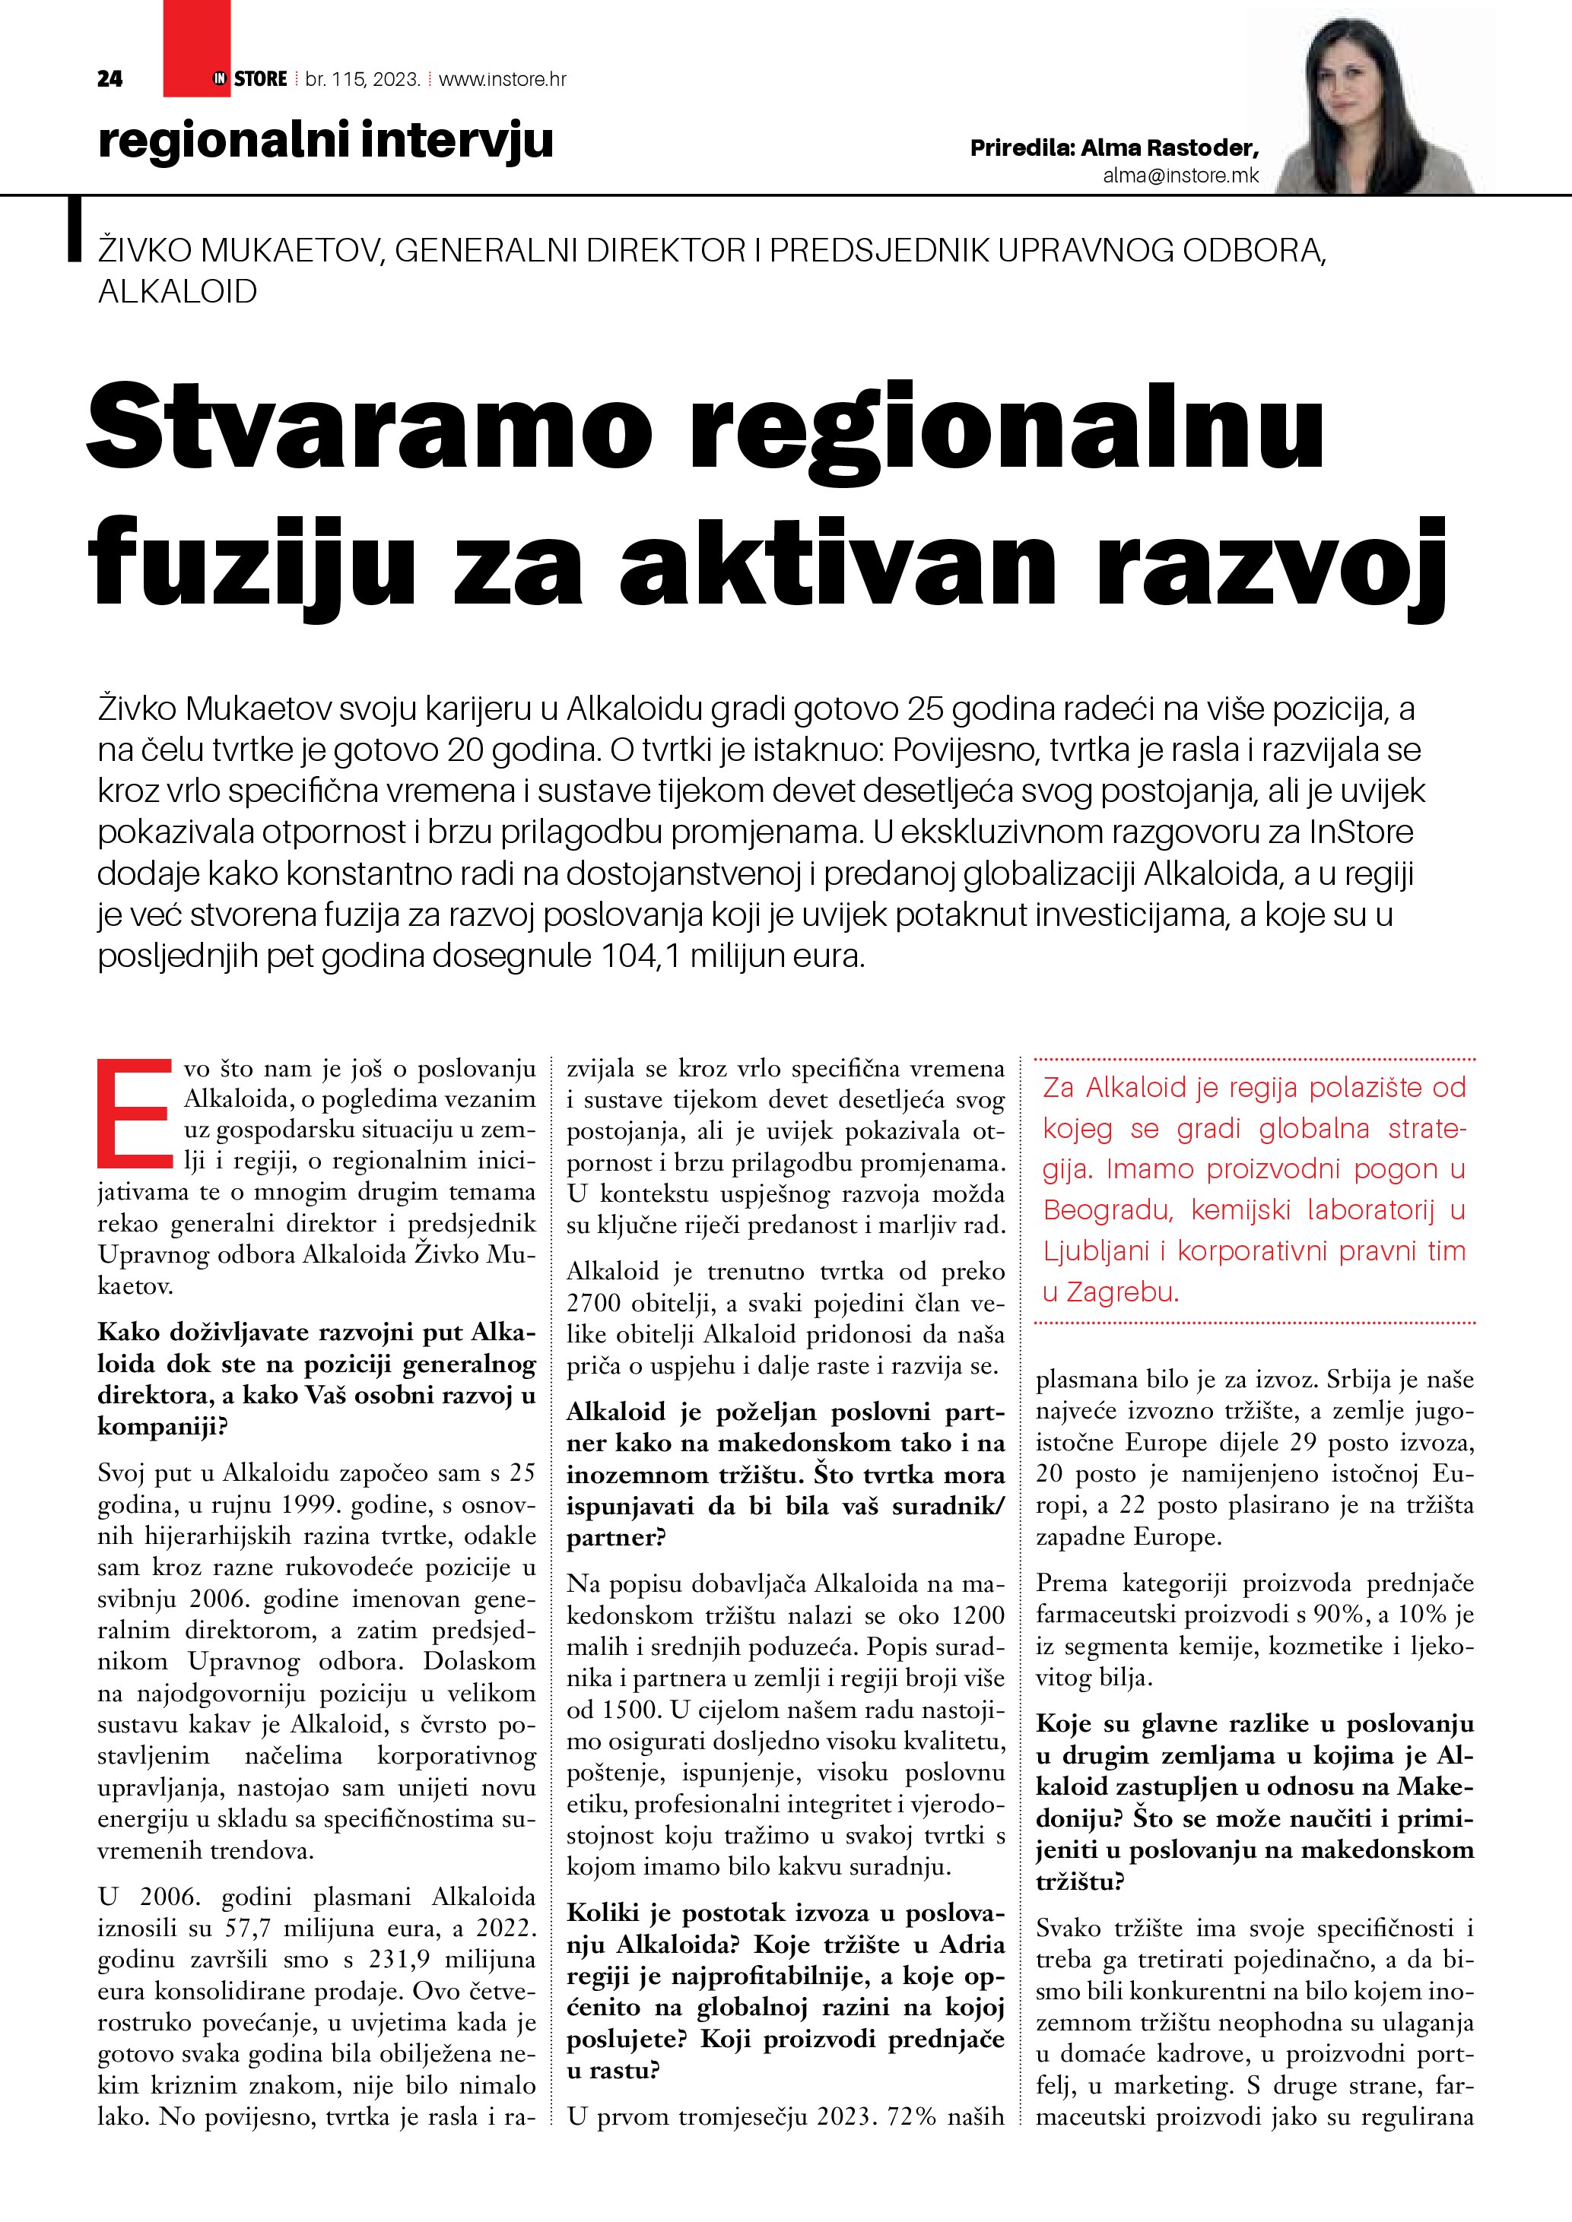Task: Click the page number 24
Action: tap(110, 79)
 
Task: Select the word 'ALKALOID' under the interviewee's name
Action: tap(178, 291)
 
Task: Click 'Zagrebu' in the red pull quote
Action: tap(1122, 1292)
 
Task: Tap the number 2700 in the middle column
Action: tap(599, 1303)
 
